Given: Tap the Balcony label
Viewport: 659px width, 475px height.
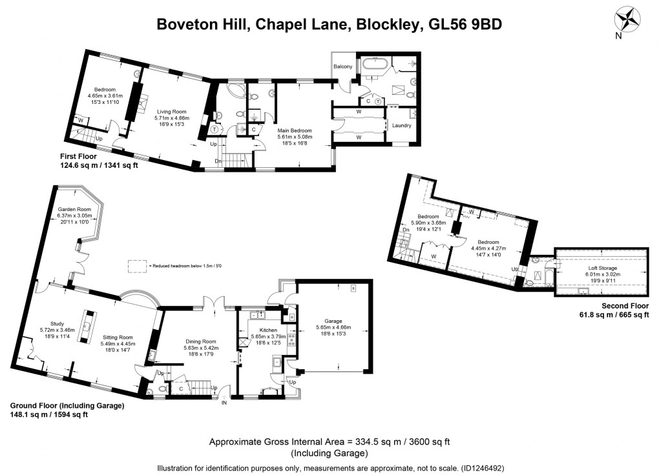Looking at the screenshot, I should (x=342, y=66).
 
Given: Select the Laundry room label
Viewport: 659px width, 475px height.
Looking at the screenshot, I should (x=401, y=125).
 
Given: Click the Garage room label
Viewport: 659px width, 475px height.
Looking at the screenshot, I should (x=333, y=321).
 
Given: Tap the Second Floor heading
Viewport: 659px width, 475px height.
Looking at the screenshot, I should (x=625, y=306).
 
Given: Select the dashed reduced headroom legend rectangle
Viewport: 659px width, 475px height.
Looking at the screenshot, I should (x=136, y=265).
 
